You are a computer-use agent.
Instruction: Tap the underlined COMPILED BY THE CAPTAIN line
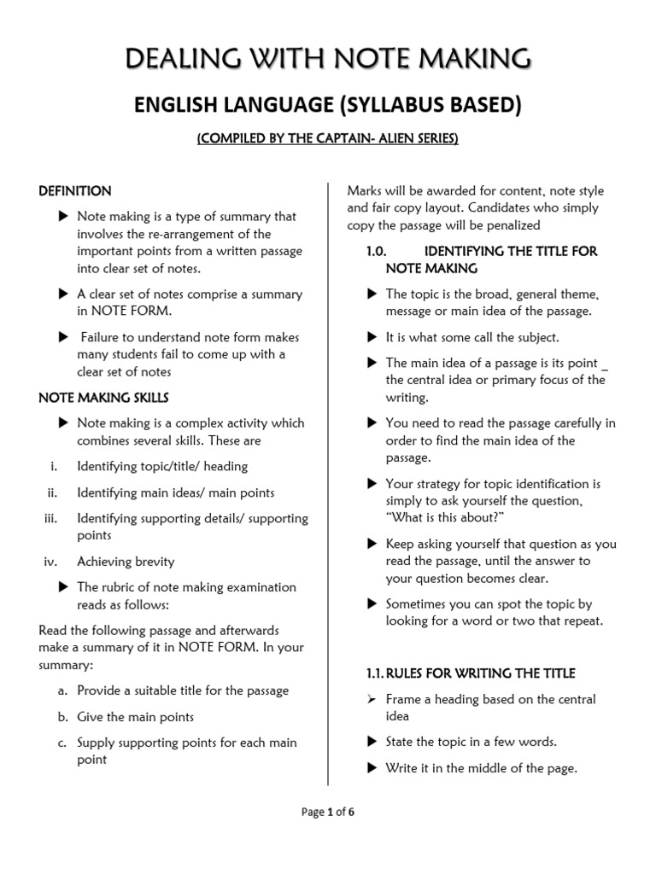click(x=328, y=139)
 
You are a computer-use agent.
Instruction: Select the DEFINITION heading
click(x=75, y=190)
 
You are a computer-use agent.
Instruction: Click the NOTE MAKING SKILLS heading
click(x=104, y=397)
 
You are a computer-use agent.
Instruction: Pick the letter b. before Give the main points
click(x=62, y=717)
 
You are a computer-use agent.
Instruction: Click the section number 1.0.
click(x=377, y=251)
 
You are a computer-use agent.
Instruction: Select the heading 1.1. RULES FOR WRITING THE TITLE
click(x=471, y=673)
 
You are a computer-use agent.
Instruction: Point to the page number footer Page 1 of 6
click(x=328, y=812)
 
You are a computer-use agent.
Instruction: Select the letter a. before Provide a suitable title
click(x=62, y=690)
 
